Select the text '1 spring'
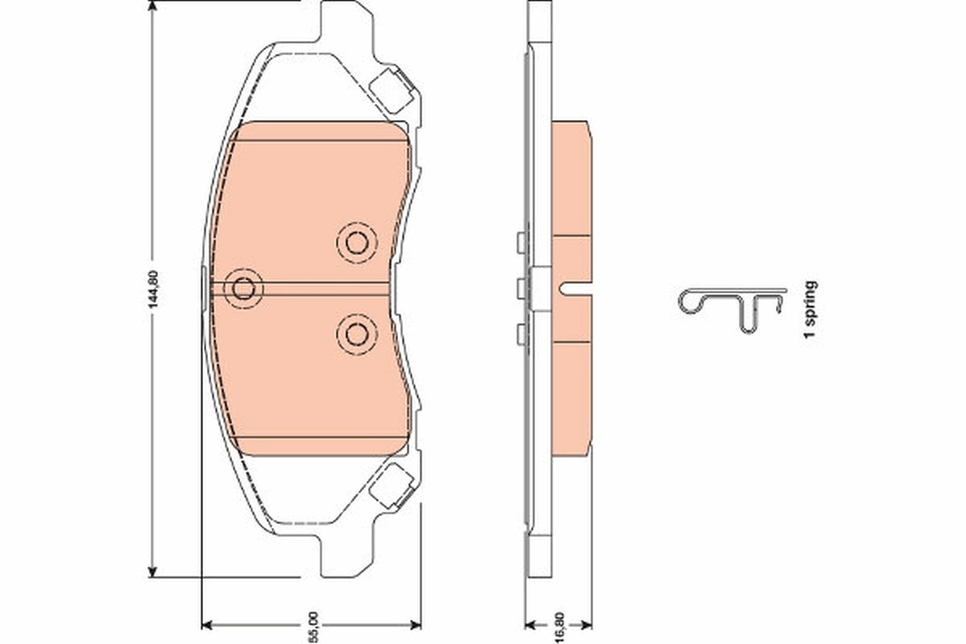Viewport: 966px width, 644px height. click(811, 308)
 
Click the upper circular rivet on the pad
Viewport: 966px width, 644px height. click(357, 242)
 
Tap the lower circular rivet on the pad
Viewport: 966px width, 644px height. click(357, 332)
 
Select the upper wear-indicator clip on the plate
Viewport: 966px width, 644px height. click(394, 88)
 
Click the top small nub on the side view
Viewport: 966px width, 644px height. click(520, 242)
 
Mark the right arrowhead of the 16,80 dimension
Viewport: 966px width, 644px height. click(588, 623)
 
